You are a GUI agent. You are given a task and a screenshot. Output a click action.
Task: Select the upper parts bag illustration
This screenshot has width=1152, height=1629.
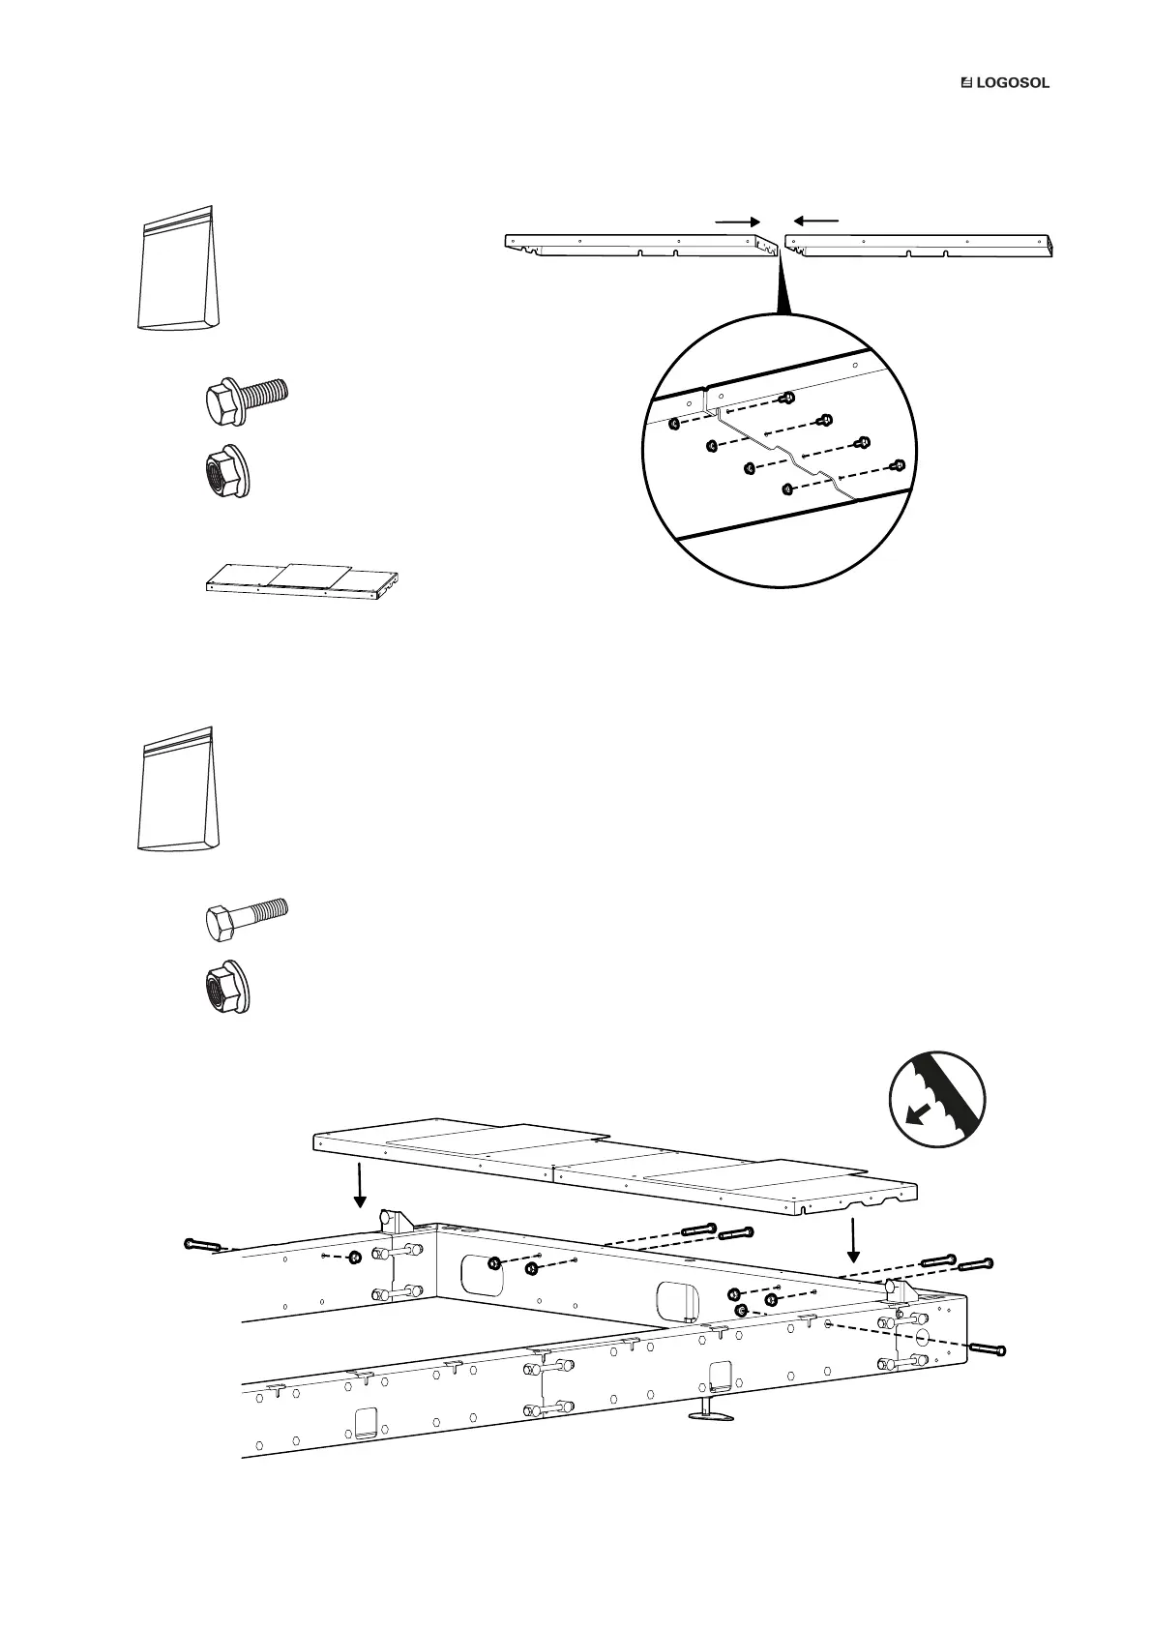[176, 269]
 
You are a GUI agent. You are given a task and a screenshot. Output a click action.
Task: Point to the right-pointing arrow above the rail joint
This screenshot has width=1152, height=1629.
[738, 221]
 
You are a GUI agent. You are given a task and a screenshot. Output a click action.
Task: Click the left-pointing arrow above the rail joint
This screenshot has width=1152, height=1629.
[813, 221]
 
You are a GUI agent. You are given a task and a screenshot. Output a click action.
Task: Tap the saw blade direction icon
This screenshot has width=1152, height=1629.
[937, 1100]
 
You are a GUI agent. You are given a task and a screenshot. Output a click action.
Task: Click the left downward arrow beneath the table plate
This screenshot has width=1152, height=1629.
[360, 1185]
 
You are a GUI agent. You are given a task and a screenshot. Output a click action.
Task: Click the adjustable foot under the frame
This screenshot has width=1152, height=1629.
[710, 1413]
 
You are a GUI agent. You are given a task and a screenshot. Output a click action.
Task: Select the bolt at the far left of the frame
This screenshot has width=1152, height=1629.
[203, 1245]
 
